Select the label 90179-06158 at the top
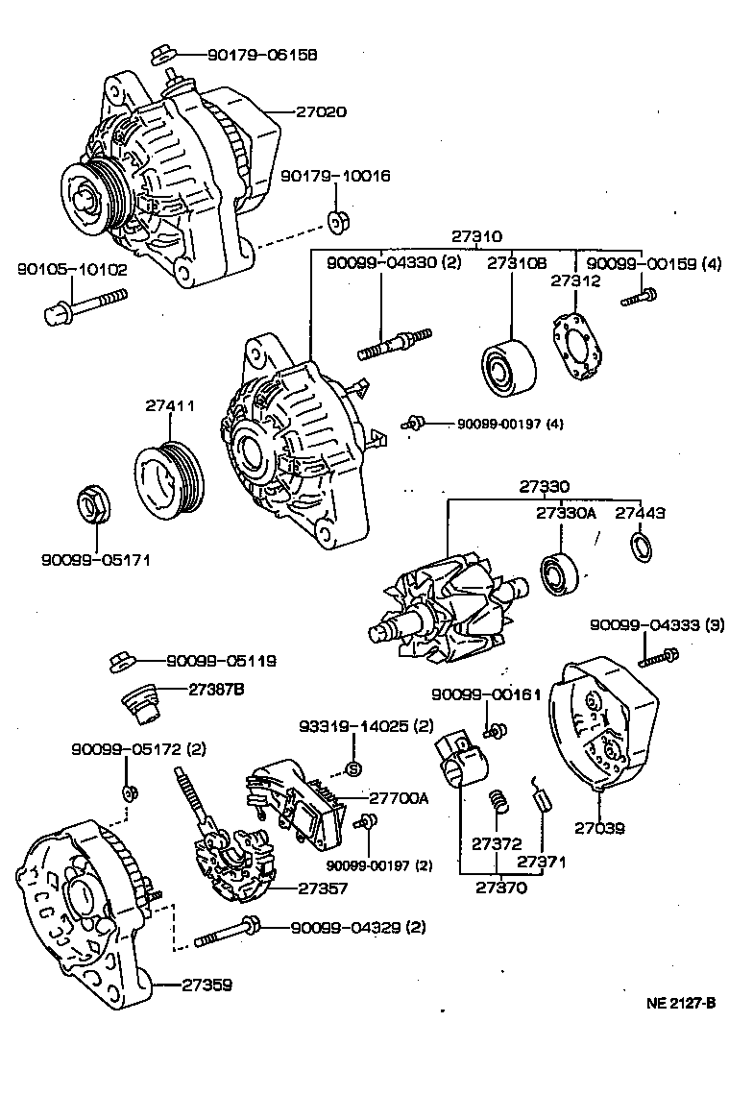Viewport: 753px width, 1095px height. pyautogui.click(x=248, y=55)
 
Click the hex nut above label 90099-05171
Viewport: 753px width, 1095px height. pyautogui.click(x=94, y=506)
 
